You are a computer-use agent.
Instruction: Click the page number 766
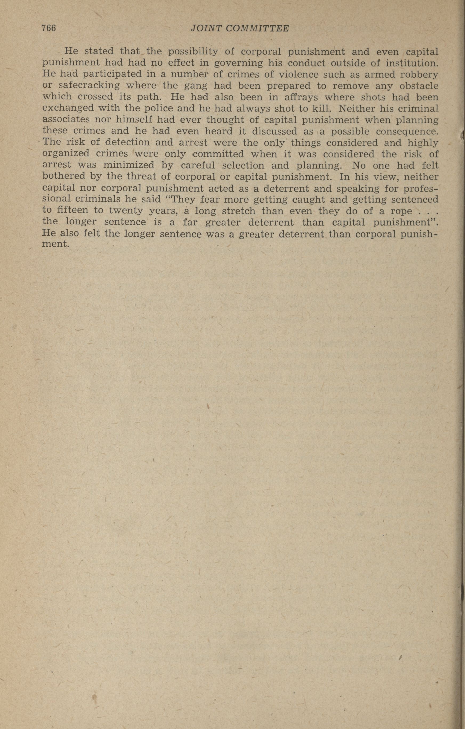click(49, 28)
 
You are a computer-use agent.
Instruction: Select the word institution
click(412, 63)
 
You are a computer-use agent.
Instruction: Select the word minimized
click(128, 165)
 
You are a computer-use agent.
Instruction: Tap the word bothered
click(63, 176)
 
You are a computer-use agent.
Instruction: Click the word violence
click(297, 74)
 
